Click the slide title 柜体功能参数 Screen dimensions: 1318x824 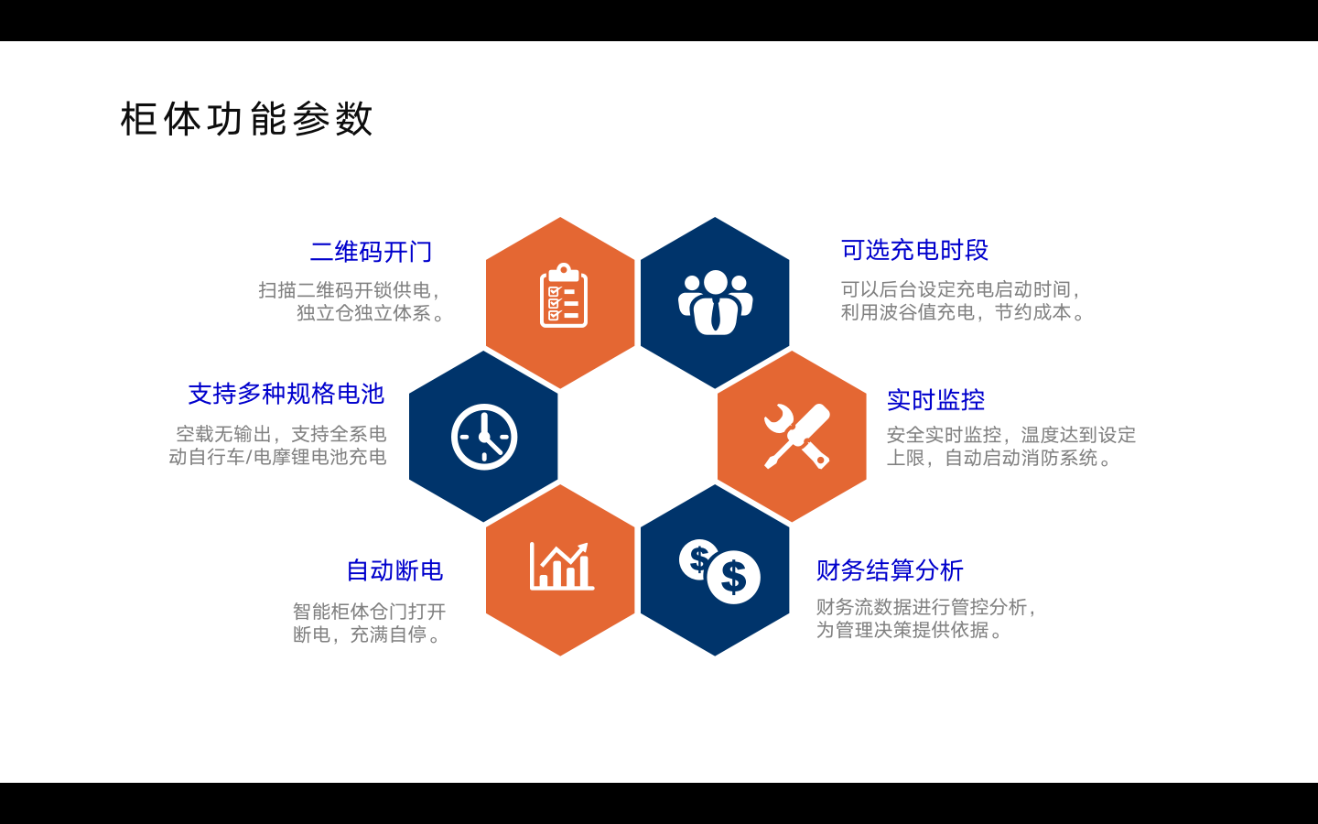tap(246, 119)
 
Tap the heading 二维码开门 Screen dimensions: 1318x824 tap(372, 252)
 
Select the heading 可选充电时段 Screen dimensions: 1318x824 tap(914, 250)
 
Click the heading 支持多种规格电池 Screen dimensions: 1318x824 tap(286, 394)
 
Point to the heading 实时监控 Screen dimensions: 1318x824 tap(935, 400)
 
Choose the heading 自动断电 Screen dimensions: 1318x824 tap(394, 570)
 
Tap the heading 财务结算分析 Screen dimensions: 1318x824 tap(890, 570)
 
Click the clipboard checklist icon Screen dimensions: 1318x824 tap(564, 295)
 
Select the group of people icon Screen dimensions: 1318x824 tap(715, 302)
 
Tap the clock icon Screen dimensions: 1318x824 tap(484, 437)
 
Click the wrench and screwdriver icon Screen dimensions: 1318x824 tap(797, 436)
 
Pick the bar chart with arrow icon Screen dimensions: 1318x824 tap(562, 566)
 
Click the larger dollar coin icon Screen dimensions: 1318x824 tap(734, 577)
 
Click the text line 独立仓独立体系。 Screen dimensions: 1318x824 tap(371, 313)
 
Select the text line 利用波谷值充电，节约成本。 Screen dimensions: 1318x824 tap(963, 312)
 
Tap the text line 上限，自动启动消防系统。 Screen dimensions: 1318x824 tap(999, 458)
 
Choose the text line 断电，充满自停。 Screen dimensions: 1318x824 tap(367, 634)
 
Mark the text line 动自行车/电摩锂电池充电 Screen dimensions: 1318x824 tap(277, 457)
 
